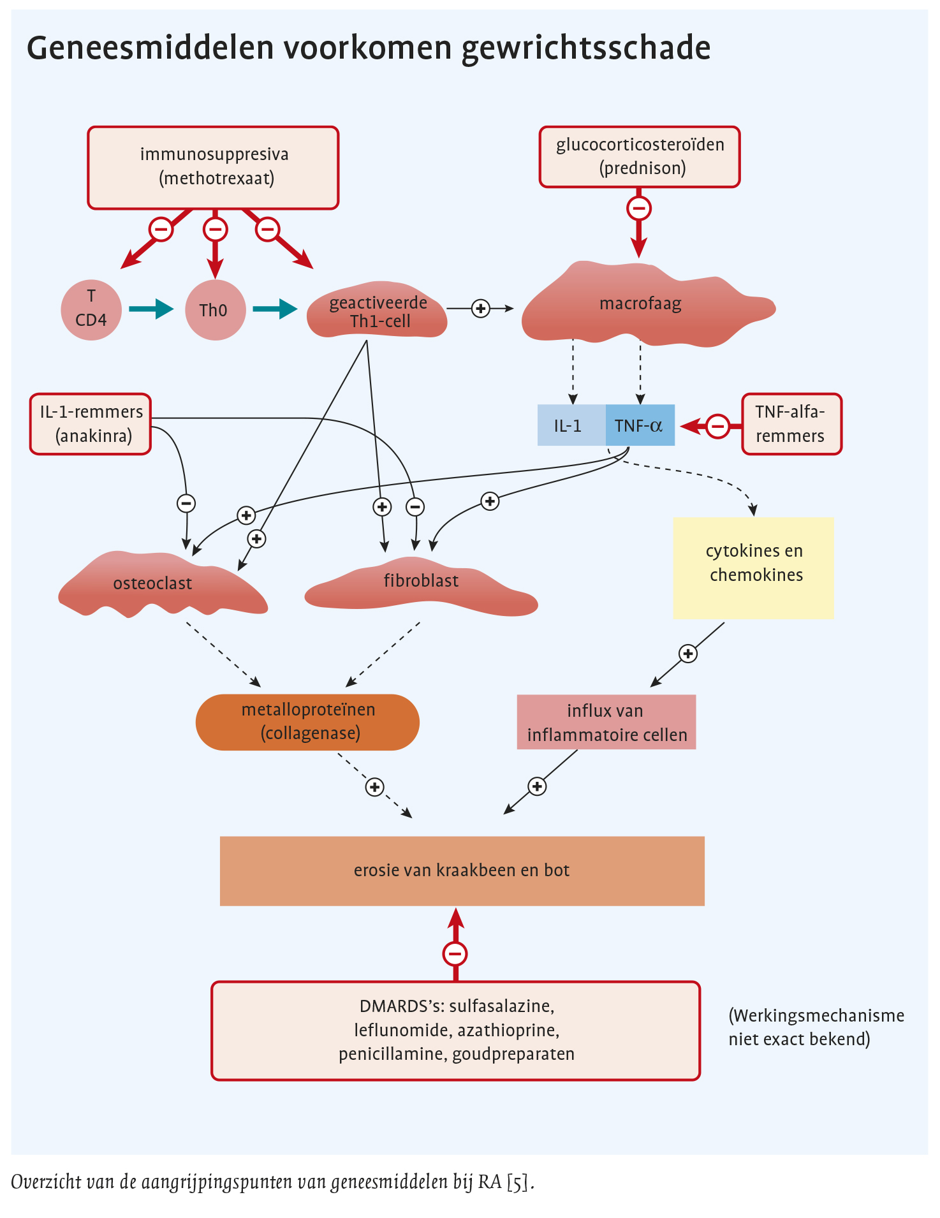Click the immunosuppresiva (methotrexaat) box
(x=213, y=168)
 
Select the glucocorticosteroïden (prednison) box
(x=640, y=157)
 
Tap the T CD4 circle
(x=91, y=310)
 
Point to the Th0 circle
(x=215, y=311)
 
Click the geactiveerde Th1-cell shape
(x=378, y=312)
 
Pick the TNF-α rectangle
(x=640, y=425)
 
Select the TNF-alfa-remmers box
(x=791, y=424)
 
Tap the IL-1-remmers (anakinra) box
(x=91, y=424)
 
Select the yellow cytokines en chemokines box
(x=753, y=568)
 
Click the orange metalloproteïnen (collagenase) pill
(x=307, y=722)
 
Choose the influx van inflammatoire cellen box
(x=606, y=722)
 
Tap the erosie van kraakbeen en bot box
(x=462, y=870)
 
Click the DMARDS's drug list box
(x=455, y=1031)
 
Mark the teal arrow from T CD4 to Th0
(x=152, y=309)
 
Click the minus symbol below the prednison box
(x=639, y=208)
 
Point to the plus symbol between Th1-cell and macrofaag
(x=480, y=309)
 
